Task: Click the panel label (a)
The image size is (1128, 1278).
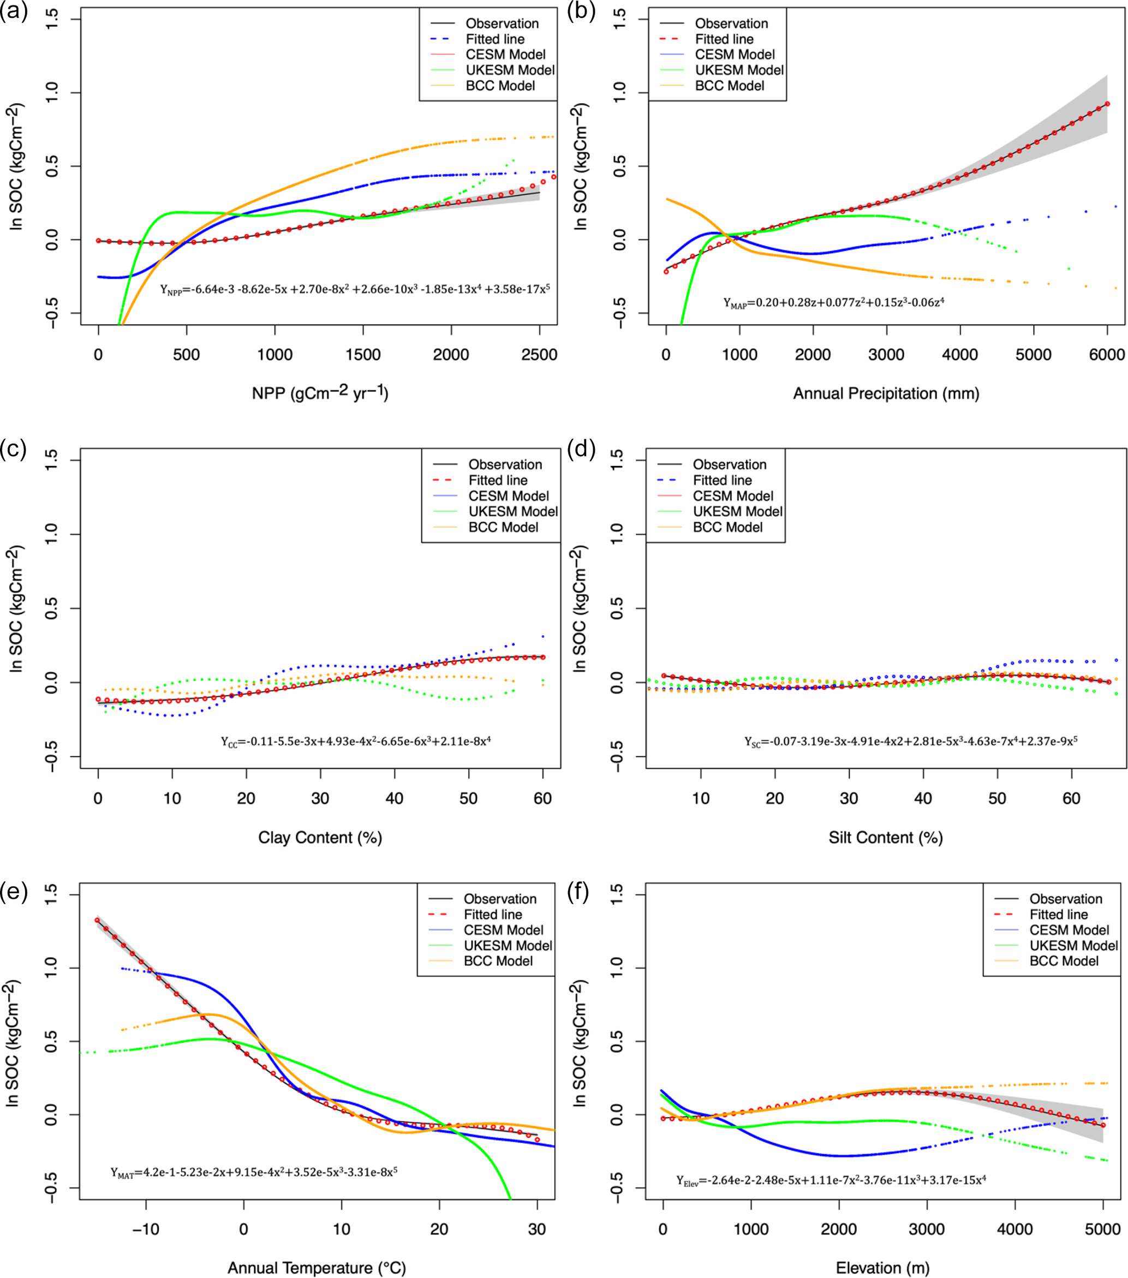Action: tap(14, 12)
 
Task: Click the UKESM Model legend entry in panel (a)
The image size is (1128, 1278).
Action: tap(510, 70)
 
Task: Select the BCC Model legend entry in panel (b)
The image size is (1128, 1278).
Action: tap(729, 86)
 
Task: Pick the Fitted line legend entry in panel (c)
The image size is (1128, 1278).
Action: tap(498, 480)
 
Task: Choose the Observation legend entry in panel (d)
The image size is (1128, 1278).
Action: tap(729, 464)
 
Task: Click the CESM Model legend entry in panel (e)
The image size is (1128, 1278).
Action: tap(503, 930)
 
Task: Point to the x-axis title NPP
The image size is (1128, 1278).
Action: tap(319, 393)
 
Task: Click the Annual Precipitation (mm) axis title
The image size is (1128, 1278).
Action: tap(885, 394)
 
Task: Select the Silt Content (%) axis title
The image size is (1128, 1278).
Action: tap(885, 838)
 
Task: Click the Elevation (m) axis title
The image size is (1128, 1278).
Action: tap(882, 1268)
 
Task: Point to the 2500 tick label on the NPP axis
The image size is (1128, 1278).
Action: tap(539, 355)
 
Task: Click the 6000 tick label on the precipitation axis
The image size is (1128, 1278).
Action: tap(1107, 355)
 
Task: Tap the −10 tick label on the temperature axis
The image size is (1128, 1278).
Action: tap(145, 1229)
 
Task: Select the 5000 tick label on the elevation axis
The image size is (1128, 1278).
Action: tap(1102, 1229)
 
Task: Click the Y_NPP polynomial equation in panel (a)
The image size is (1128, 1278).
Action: tap(355, 290)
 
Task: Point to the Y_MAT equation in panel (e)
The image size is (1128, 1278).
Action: tap(254, 1172)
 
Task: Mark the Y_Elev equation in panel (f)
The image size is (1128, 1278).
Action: tap(831, 1180)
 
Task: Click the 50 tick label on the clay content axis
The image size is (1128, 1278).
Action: tap(468, 798)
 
